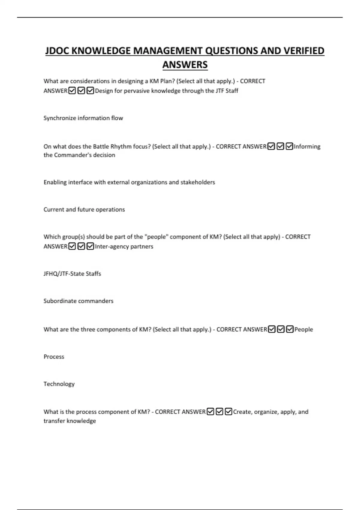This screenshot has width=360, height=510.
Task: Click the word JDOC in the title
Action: [x=58, y=51]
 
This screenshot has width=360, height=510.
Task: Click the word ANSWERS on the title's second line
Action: [x=185, y=65]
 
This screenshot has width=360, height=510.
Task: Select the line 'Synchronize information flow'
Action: [x=83, y=118]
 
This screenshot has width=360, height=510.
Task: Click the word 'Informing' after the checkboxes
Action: [x=307, y=146]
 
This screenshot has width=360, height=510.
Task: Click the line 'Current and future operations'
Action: [x=84, y=209]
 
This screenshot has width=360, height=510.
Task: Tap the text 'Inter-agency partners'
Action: [x=124, y=246]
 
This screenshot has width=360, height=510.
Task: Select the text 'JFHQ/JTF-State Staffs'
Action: [x=72, y=274]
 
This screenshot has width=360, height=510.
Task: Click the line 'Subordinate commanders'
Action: [x=78, y=301]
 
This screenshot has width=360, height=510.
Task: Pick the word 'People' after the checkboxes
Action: [x=304, y=329]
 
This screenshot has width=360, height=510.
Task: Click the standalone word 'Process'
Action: [x=54, y=357]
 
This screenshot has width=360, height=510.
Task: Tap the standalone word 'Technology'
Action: [x=59, y=384]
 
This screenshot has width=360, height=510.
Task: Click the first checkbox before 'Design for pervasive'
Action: [x=72, y=91]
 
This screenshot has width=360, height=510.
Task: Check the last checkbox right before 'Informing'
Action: [x=289, y=146]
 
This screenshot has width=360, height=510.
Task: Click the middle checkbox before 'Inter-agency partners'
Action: [x=81, y=246]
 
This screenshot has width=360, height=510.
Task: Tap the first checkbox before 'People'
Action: [x=271, y=329]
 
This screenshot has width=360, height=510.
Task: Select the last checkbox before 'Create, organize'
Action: [x=228, y=412]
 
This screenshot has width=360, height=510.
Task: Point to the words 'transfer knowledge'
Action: [x=70, y=421]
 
